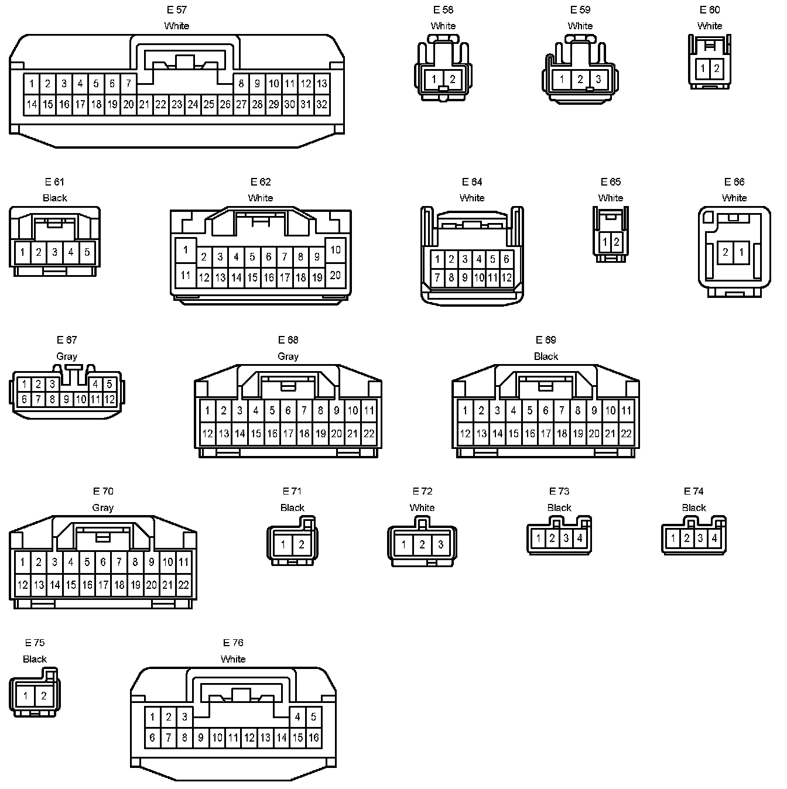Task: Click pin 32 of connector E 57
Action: [x=321, y=105]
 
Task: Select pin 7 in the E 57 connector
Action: [x=128, y=84]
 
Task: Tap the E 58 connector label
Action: [x=443, y=10]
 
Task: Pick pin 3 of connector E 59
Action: [x=598, y=79]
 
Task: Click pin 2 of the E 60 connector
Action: [x=716, y=68]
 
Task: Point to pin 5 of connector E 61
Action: [x=87, y=252]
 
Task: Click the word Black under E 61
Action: [x=55, y=198]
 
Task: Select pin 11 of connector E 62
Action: [x=186, y=275]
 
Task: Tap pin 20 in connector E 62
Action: [x=335, y=275]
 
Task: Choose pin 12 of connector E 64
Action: [x=507, y=278]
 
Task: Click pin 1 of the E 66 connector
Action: [x=742, y=252]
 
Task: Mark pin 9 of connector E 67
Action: [x=67, y=400]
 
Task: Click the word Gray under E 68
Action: [x=288, y=356]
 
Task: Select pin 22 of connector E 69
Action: [x=626, y=434]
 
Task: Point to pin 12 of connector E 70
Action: [x=22, y=585]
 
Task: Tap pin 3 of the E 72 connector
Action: [x=440, y=545]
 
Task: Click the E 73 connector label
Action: [x=559, y=492]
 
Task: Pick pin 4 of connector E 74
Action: [x=714, y=538]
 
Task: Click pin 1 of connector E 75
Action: [x=26, y=697]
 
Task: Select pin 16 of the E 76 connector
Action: [x=313, y=737]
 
